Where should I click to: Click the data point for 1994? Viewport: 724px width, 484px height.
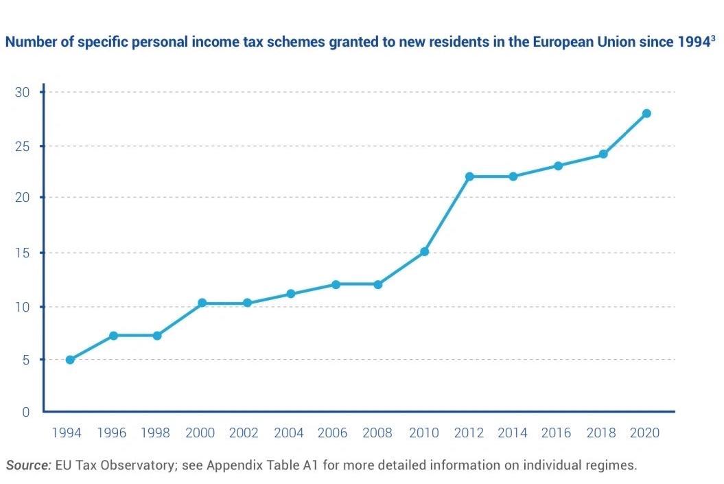point(70,360)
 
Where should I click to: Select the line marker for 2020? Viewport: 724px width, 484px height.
point(646,113)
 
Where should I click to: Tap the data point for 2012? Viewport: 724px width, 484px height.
point(470,176)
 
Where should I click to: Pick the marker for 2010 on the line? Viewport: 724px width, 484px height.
point(425,252)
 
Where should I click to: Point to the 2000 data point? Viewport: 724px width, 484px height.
point(202,303)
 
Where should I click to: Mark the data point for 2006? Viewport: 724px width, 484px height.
point(336,284)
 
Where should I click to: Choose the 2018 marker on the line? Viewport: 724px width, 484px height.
point(603,154)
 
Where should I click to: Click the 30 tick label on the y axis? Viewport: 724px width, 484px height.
point(23,93)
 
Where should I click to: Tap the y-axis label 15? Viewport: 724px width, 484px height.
point(23,253)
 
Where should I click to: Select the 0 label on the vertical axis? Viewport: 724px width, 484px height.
point(26,412)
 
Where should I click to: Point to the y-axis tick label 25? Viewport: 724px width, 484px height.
point(23,146)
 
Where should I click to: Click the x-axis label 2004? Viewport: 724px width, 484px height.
point(289,433)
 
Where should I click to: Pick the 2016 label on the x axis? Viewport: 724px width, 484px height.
point(556,433)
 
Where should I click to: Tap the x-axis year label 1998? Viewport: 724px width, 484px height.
point(156,433)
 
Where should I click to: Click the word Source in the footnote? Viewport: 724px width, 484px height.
point(28,465)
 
